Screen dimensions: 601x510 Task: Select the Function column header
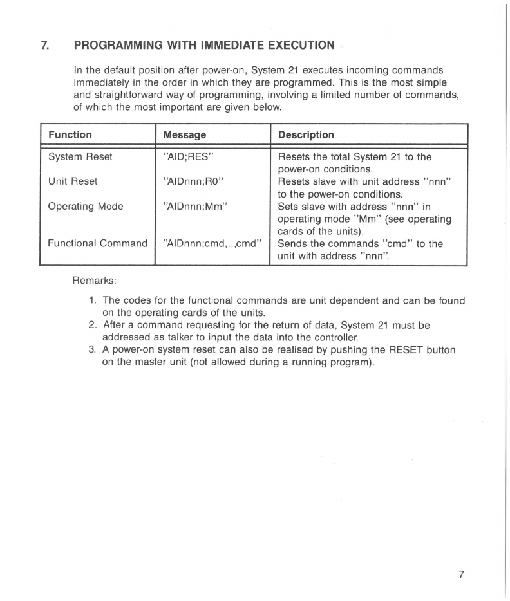(x=70, y=135)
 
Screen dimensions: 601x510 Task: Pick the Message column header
(x=184, y=135)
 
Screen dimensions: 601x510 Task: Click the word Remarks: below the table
(x=94, y=281)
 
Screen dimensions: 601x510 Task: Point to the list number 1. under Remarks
(x=93, y=300)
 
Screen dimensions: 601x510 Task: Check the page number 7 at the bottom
(x=461, y=575)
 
